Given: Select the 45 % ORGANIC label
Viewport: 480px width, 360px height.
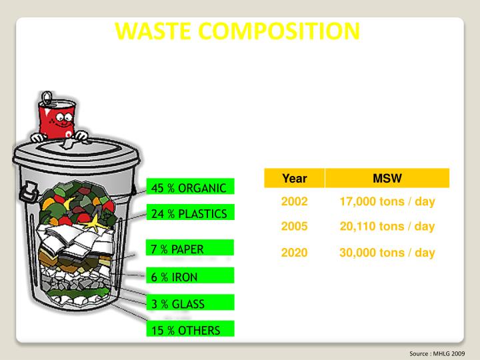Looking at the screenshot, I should click(x=190, y=187).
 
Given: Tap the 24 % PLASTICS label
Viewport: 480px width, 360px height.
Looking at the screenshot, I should click(x=190, y=214).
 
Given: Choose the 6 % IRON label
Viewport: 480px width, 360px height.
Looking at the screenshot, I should click(x=175, y=277).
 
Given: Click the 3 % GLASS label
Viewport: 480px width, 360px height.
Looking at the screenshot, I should click(x=178, y=304).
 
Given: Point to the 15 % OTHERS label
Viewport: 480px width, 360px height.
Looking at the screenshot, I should click(x=185, y=329).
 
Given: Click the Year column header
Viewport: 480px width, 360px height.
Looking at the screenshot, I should click(x=294, y=178).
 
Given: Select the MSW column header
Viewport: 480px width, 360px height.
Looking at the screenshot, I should click(x=387, y=178).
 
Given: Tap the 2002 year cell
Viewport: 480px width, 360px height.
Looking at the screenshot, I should click(x=294, y=201).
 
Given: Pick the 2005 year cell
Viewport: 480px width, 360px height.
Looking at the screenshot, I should click(x=294, y=226).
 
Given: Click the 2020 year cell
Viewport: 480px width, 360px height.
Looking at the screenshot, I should click(x=294, y=253).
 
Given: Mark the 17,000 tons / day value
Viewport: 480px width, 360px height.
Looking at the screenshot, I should click(x=387, y=201).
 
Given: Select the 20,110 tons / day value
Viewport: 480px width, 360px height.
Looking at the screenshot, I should click(x=387, y=226).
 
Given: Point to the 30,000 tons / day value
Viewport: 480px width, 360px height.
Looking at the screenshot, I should click(x=387, y=253).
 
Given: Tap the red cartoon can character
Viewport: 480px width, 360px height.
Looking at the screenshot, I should click(x=57, y=120).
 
